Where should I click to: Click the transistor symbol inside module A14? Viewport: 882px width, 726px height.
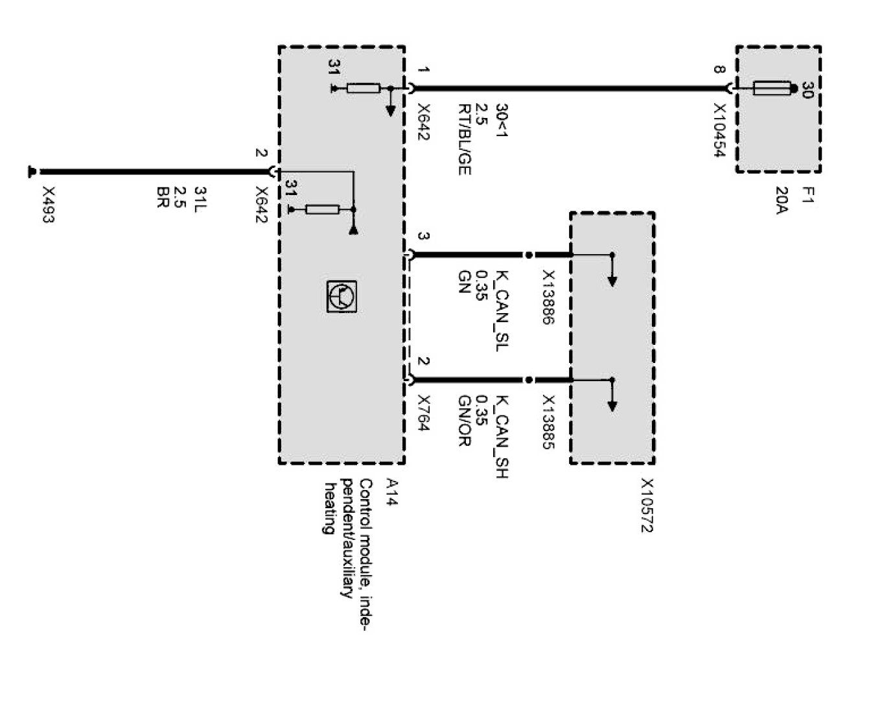pos(340,297)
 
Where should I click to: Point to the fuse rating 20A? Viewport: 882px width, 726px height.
pos(782,201)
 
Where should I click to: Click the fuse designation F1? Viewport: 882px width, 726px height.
pos(807,196)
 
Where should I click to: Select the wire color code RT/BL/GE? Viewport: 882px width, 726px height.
pos(464,139)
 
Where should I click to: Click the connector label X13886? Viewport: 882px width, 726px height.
pos(548,297)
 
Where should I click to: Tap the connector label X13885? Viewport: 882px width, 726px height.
pos(548,423)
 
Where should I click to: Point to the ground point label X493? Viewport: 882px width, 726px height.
pos(48,205)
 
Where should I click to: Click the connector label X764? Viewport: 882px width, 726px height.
pos(424,413)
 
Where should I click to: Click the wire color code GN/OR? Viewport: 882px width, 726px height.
pos(464,421)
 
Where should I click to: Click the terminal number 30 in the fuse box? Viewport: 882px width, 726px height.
pos(807,90)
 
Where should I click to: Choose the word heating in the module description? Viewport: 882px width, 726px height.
pos(331,508)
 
